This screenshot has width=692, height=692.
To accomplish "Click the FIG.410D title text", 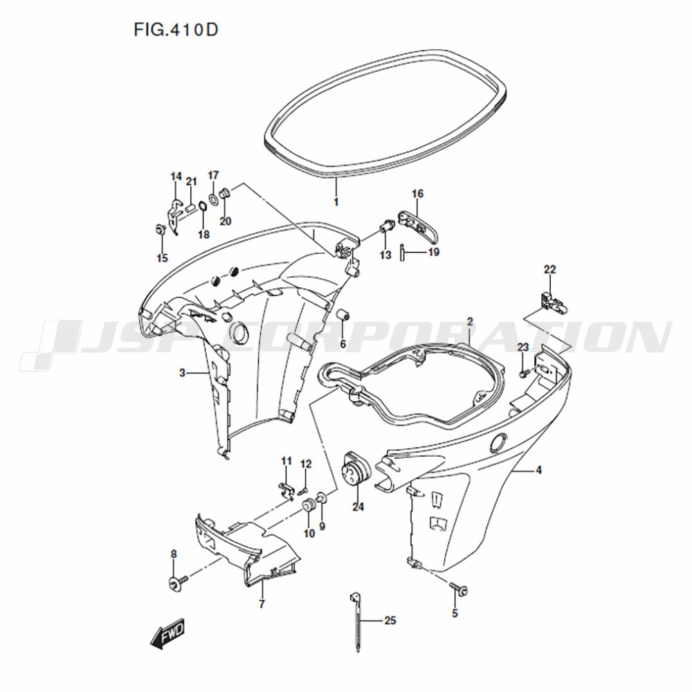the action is (x=176, y=30).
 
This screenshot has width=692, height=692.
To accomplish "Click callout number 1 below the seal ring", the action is (x=336, y=202).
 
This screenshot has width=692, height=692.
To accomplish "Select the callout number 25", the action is (x=390, y=621).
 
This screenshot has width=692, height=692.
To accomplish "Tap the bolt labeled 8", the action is (x=177, y=583).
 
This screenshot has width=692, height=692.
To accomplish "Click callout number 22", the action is (x=550, y=269).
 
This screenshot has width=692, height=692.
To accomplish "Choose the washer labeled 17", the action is (x=213, y=198).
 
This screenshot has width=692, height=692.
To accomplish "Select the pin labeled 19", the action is (x=403, y=253).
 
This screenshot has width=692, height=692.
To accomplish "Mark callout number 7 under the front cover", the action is (x=262, y=603).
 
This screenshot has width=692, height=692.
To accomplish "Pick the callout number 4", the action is (x=539, y=471).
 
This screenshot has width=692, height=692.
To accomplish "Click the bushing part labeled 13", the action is (x=385, y=228).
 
